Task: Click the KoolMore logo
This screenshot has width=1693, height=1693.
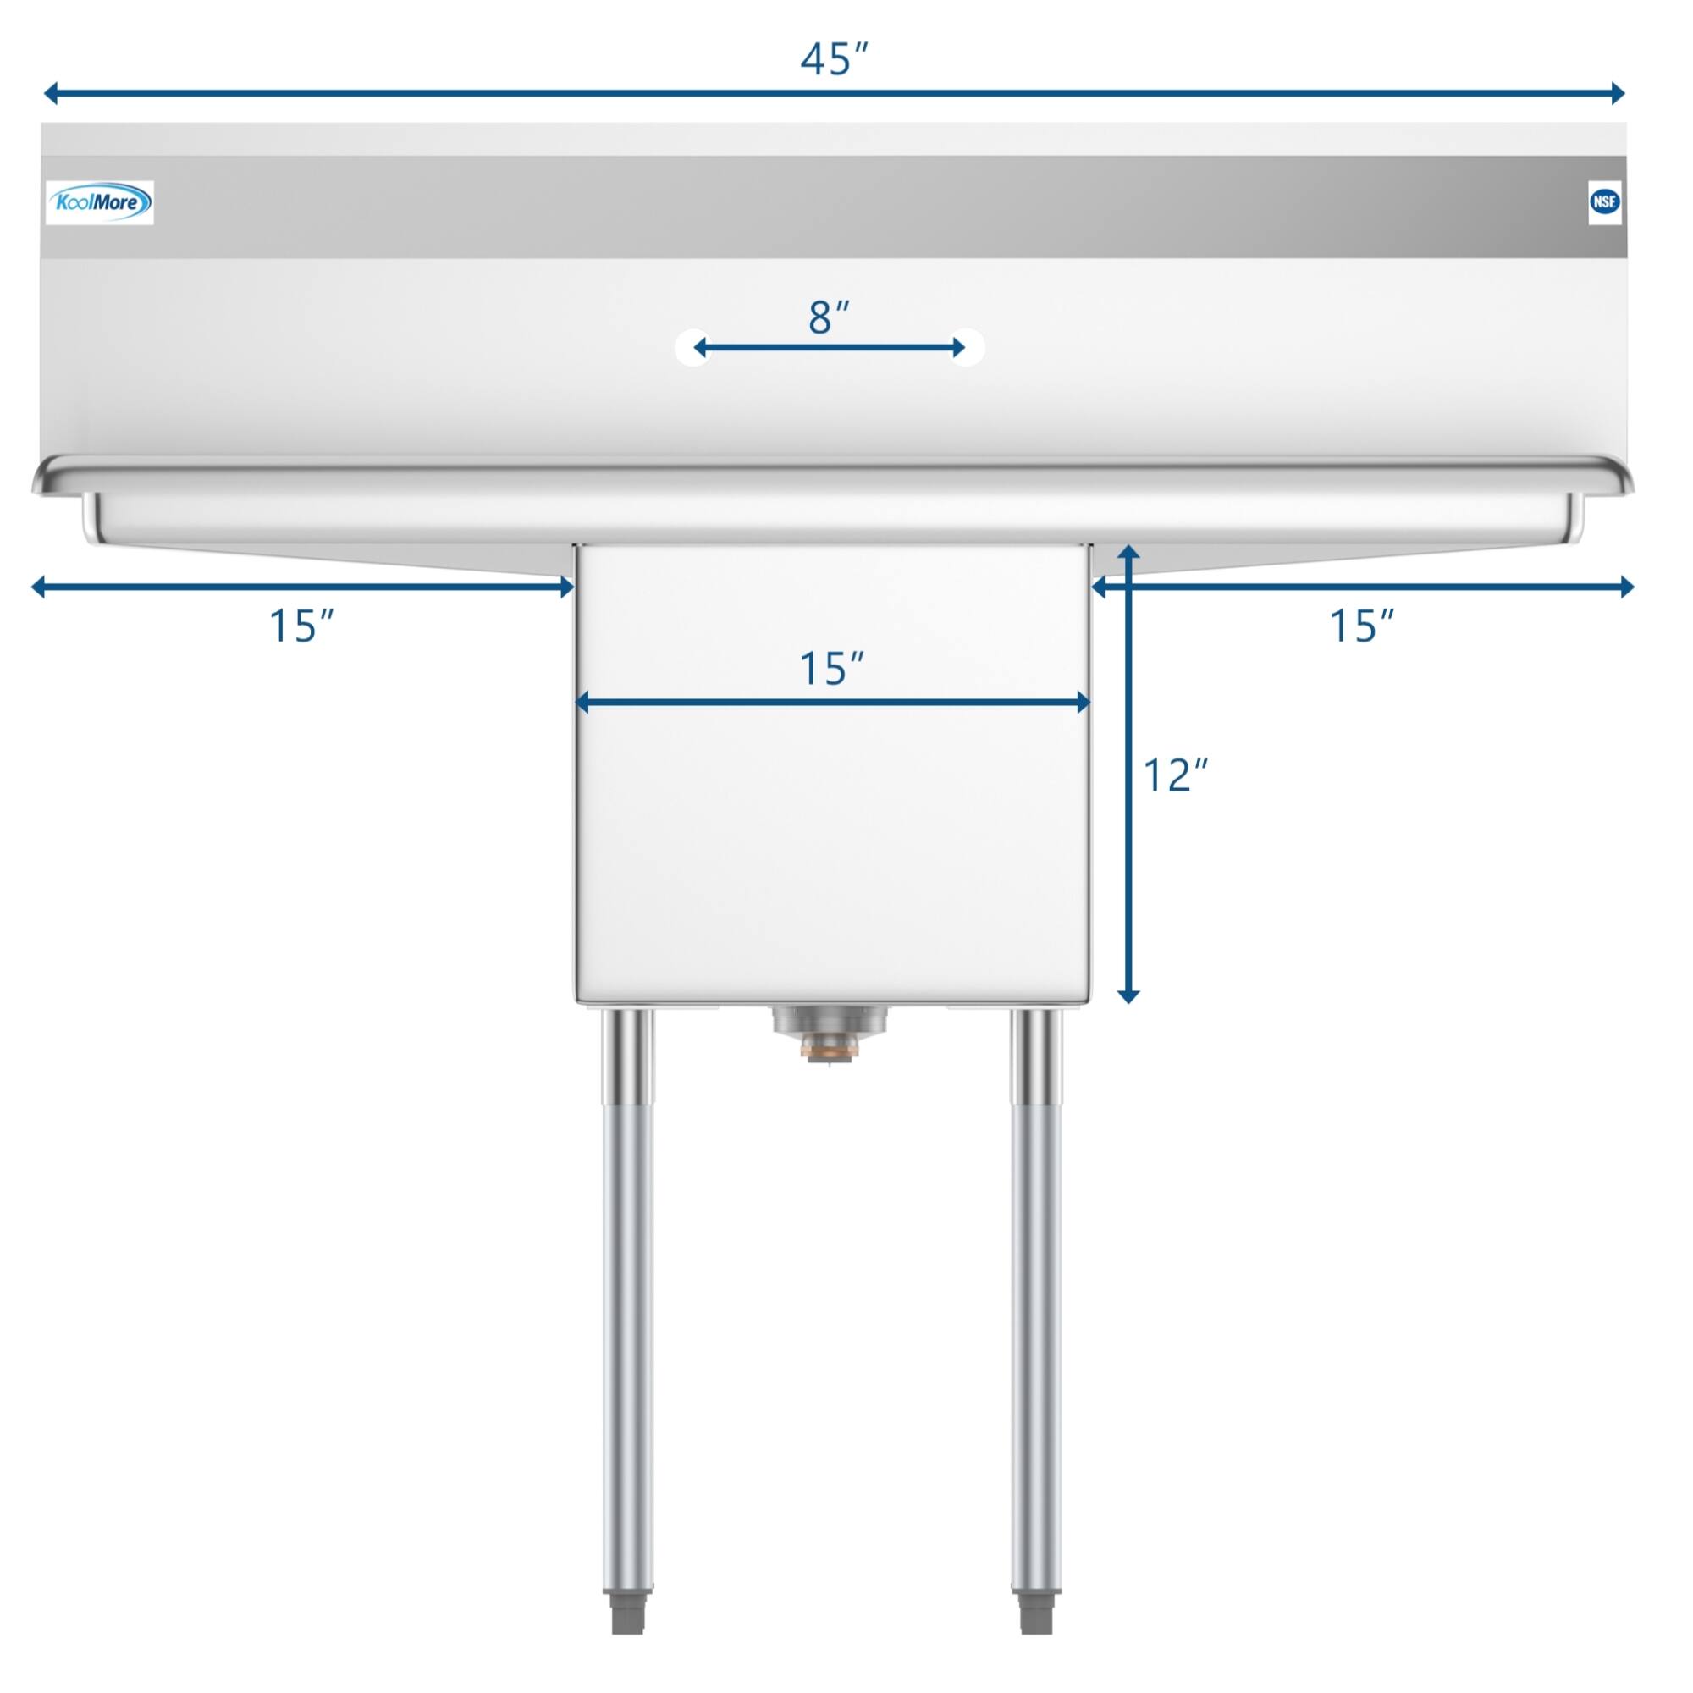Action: click(100, 203)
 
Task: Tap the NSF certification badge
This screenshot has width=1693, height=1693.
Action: click(1604, 202)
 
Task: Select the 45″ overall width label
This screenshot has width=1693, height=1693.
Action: click(835, 58)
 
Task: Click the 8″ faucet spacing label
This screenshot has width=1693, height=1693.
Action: click(829, 317)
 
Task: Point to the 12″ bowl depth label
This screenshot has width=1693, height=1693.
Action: click(1176, 775)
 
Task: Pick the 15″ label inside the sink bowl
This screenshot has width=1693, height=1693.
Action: click(832, 670)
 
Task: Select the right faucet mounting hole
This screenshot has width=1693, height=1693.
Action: click(968, 348)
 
